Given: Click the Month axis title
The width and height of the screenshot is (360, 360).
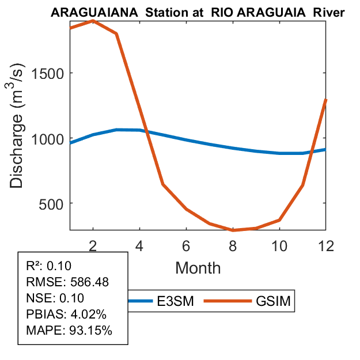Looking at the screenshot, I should point(198,268).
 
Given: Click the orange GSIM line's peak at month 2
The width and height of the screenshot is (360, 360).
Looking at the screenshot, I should point(93,21).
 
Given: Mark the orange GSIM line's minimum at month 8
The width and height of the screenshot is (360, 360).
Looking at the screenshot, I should point(233,230).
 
